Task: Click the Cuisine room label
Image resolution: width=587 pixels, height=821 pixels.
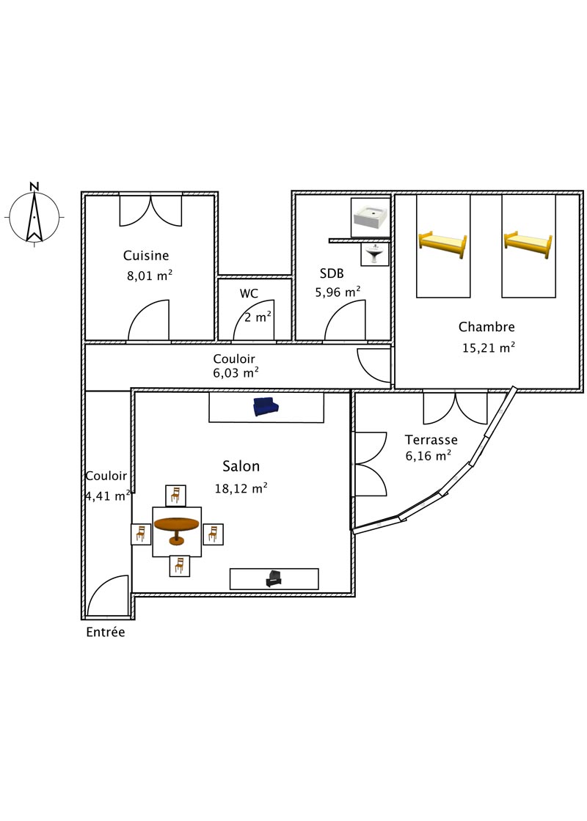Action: click(146, 256)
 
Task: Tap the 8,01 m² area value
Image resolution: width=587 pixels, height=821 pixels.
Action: click(150, 275)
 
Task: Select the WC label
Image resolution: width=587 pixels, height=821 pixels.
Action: click(249, 293)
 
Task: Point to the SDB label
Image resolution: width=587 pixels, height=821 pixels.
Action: click(332, 273)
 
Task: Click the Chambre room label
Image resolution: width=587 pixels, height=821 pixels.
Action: click(487, 327)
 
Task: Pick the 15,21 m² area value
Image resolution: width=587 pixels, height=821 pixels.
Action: click(489, 347)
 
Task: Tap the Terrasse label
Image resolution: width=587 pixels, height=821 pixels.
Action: click(431, 440)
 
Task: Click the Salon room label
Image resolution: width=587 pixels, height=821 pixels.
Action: click(241, 466)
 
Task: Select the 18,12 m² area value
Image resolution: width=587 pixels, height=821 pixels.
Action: click(241, 488)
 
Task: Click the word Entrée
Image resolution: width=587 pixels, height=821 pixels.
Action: click(106, 632)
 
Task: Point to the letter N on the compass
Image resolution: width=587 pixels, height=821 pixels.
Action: click(34, 186)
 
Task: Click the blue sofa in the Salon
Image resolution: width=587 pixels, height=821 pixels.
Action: click(266, 407)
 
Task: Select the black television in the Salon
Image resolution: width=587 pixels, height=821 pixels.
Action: click(274, 578)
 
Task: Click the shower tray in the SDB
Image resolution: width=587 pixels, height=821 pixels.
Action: click(371, 217)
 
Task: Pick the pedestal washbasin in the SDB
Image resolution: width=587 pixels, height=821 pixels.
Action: click(375, 254)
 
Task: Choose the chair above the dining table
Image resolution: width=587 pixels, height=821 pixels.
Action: click(175, 496)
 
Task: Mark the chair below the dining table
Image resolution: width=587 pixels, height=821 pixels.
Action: click(180, 566)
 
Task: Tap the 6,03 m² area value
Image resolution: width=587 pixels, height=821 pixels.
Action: click(236, 372)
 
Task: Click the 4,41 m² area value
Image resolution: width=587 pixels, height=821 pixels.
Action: click(108, 496)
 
